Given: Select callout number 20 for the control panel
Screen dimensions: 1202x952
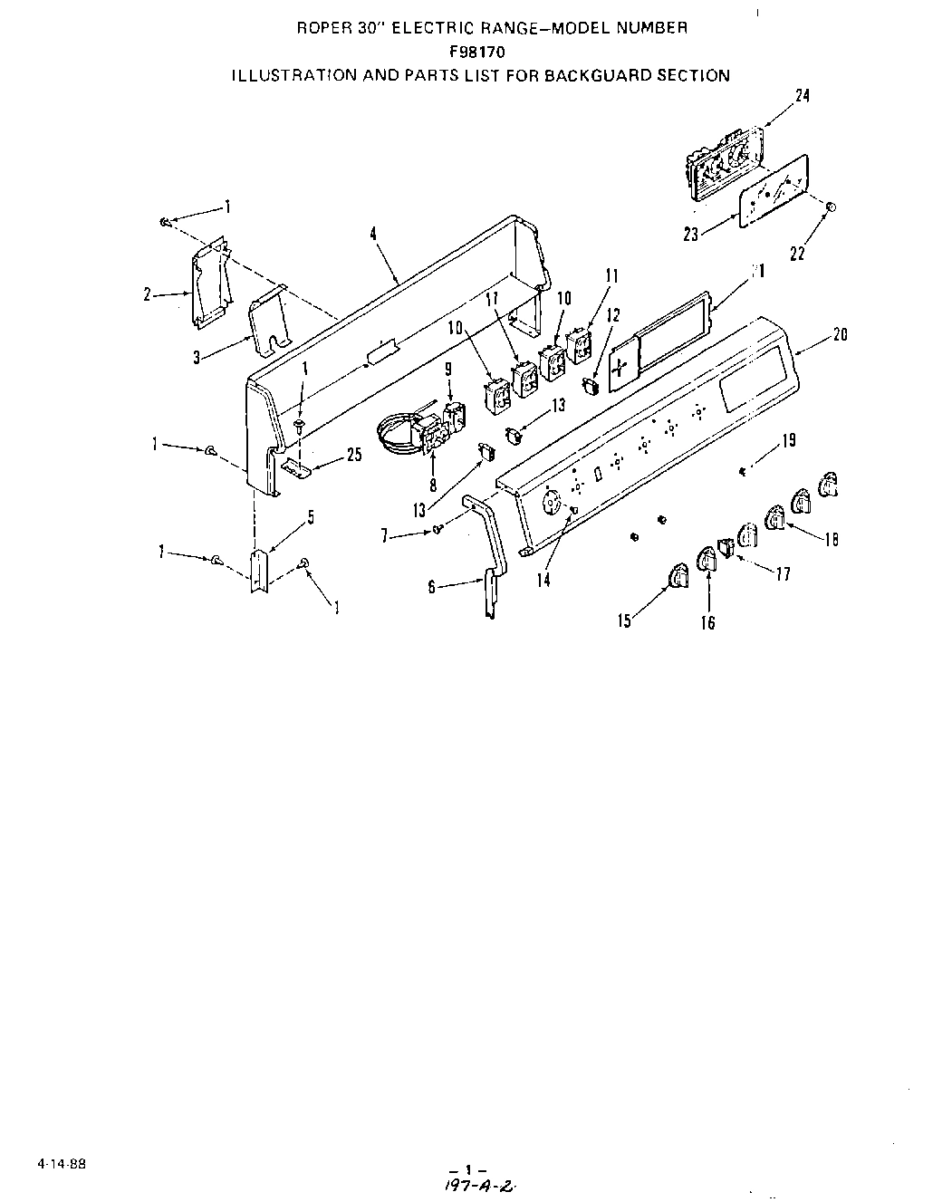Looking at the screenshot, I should (x=840, y=334).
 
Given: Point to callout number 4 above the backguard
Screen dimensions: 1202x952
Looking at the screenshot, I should (x=373, y=234).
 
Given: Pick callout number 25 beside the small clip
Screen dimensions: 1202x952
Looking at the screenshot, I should (x=354, y=455).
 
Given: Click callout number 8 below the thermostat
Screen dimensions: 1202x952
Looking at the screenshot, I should (x=433, y=486).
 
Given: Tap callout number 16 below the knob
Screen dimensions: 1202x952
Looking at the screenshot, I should (x=707, y=622).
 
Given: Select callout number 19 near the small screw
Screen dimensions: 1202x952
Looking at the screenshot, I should (x=788, y=440).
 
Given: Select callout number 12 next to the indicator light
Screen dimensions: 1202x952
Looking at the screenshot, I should (x=614, y=315).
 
